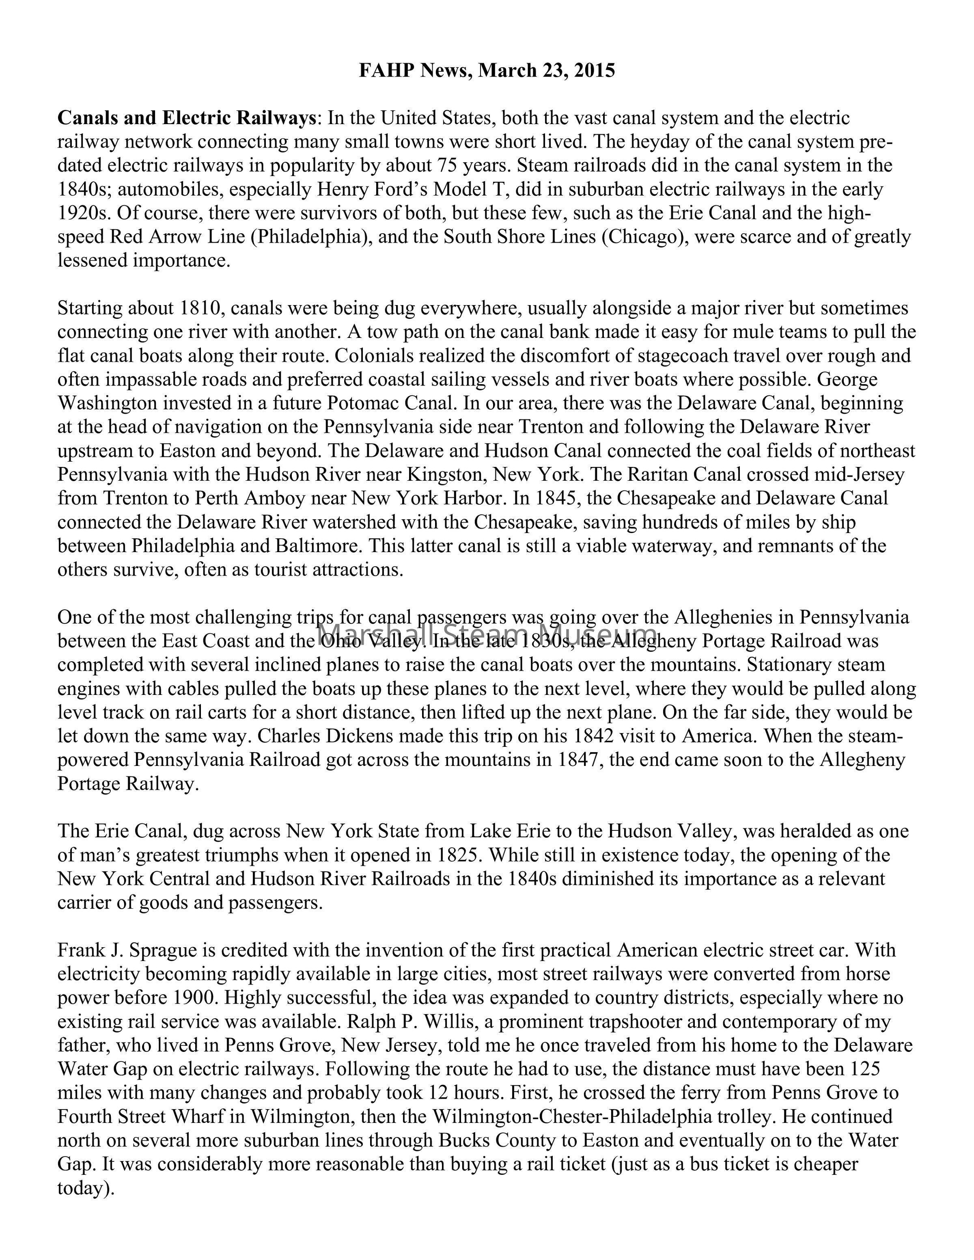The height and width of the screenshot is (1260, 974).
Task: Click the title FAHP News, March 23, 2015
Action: (487, 71)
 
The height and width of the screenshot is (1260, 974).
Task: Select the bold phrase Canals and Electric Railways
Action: (186, 118)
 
